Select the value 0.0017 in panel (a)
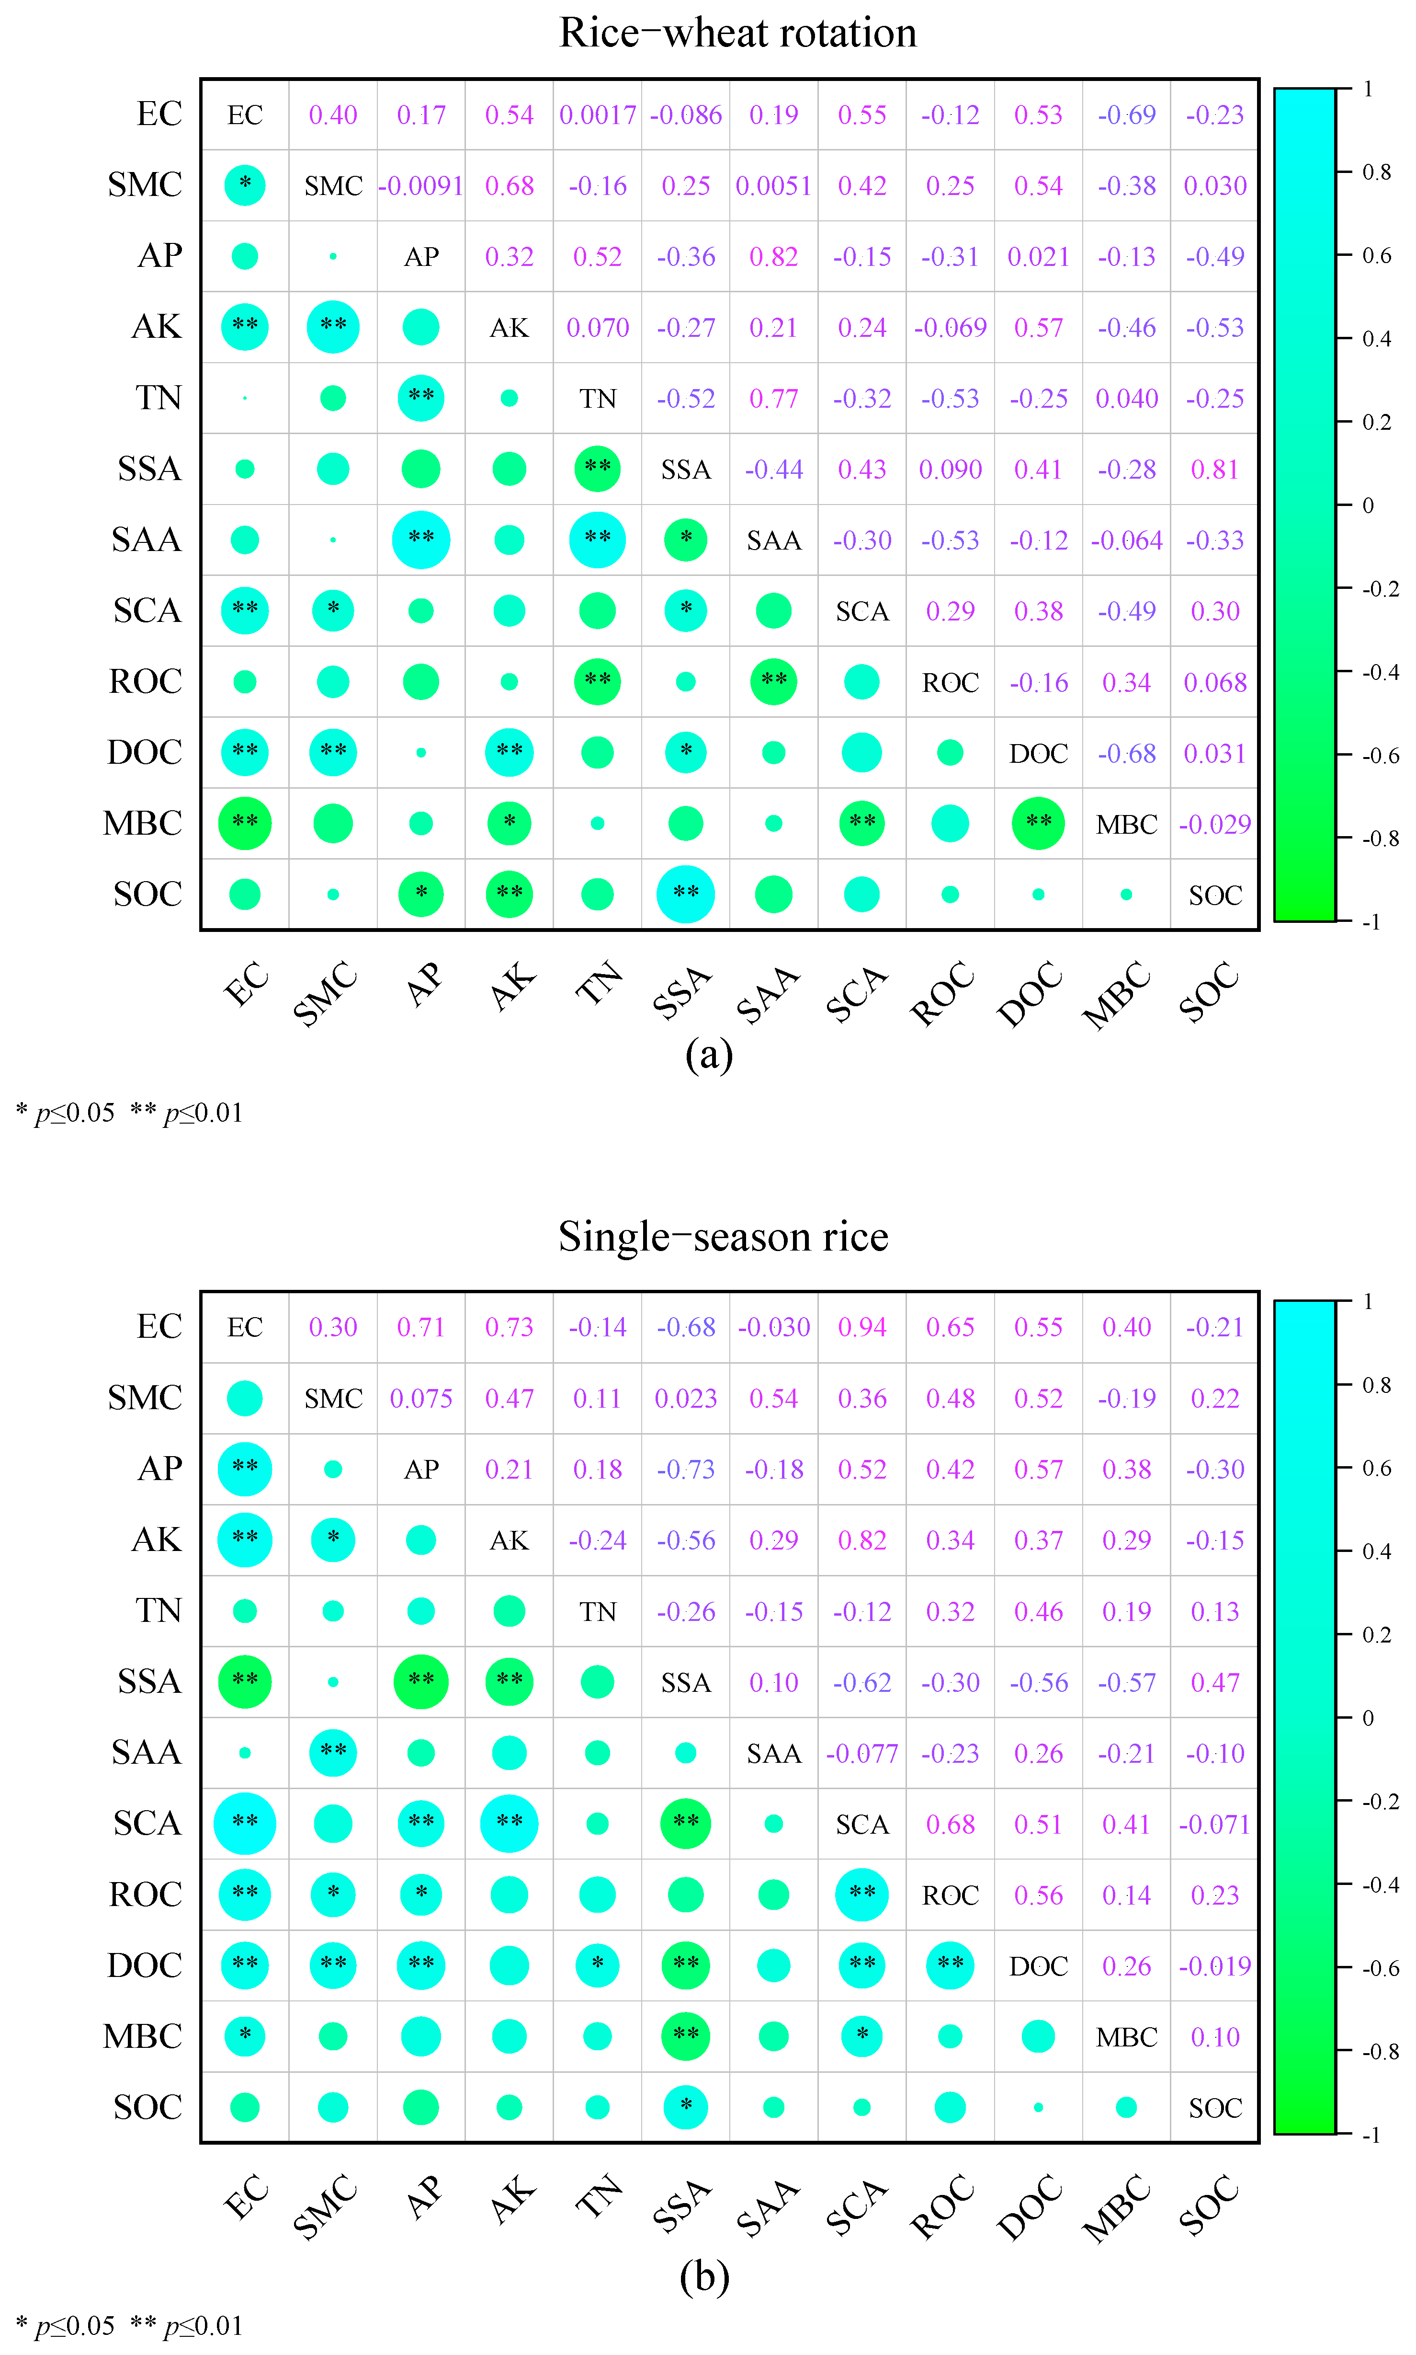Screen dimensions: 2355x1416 (x=597, y=115)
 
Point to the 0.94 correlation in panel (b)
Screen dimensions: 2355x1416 (x=861, y=1328)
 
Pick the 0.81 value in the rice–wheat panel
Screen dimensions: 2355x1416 (x=1215, y=470)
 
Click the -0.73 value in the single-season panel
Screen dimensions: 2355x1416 (x=685, y=1470)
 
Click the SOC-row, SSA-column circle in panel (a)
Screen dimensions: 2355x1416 (x=685, y=895)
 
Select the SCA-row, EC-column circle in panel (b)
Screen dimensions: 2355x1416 (x=245, y=1823)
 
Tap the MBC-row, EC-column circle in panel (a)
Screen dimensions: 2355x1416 (x=245, y=823)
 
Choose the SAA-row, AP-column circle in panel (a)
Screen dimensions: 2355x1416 (x=421, y=540)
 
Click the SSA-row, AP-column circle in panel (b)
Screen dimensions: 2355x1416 (x=421, y=1682)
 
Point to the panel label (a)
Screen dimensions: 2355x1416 (x=708, y=1055)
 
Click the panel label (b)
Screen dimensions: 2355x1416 (x=704, y=2277)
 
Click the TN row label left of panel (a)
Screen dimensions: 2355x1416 (x=159, y=398)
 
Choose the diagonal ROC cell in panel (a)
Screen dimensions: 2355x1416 (x=951, y=682)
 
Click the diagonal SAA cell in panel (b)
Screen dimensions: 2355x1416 (x=774, y=1754)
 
